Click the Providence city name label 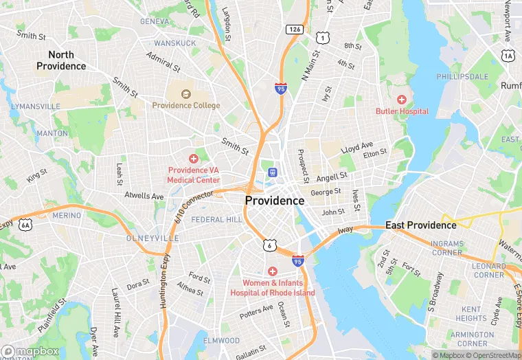coord(274,201)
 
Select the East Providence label coord(420,225)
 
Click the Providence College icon coord(185,94)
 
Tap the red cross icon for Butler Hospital coord(402,100)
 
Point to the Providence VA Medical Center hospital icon coord(194,159)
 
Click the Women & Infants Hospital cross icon coord(273,271)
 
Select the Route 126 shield coord(295,29)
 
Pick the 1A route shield coord(508,56)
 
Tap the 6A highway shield coord(25,224)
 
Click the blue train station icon coord(273,172)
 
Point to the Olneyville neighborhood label coord(152,238)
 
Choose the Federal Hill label coord(216,219)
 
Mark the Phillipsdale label coord(462,76)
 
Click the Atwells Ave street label coord(144,196)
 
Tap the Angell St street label coord(332,177)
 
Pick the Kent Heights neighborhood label coord(471,314)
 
